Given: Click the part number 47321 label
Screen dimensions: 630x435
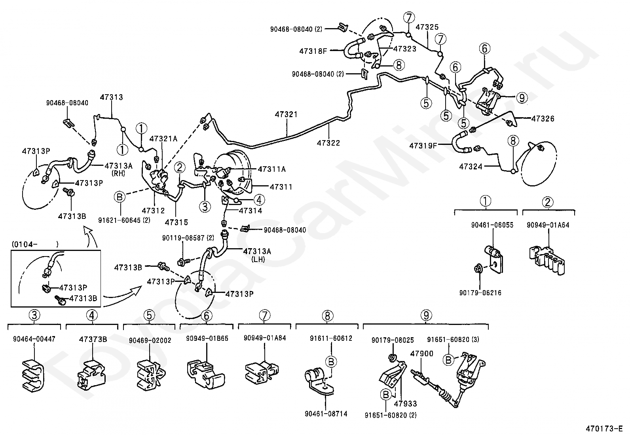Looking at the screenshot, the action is (x=286, y=114).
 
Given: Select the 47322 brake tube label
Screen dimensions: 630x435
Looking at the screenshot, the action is (x=328, y=143).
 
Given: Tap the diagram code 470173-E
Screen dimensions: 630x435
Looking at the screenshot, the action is (x=604, y=429).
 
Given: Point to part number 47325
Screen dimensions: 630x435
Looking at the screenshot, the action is (x=427, y=27).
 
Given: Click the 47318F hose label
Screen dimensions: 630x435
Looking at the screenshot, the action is (x=313, y=51).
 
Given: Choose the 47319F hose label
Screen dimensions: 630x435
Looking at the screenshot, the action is (x=423, y=146).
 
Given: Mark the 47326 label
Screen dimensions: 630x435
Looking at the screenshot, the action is (x=543, y=119).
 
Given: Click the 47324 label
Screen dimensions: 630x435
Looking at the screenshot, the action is (x=471, y=167).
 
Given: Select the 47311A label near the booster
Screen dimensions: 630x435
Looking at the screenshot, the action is (x=272, y=169).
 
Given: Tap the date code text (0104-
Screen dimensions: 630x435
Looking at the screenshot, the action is (x=25, y=244).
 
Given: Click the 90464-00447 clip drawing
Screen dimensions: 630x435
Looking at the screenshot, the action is (x=33, y=376).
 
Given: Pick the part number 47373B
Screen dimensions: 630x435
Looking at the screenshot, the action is (x=93, y=339).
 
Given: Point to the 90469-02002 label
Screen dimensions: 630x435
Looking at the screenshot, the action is (x=150, y=340).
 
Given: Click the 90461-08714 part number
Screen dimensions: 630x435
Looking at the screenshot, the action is (x=326, y=414).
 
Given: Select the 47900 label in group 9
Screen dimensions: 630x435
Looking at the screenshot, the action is (x=421, y=353).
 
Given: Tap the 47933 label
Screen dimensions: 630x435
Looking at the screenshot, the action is (x=405, y=403).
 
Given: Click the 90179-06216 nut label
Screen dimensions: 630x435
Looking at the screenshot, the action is (x=480, y=293).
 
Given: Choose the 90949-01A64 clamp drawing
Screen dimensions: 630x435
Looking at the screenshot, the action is (x=547, y=260).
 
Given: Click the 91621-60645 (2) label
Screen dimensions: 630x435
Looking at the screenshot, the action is (x=124, y=220).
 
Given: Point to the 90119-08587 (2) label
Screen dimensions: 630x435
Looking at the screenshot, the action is (x=188, y=238).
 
